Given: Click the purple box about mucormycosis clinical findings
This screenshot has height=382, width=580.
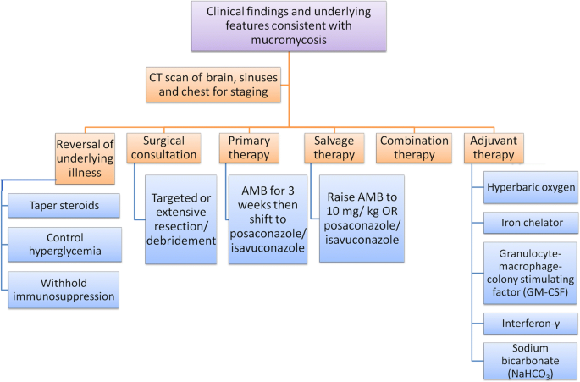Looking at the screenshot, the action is click(x=289, y=26).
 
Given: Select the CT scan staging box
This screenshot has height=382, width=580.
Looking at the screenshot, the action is click(x=213, y=85).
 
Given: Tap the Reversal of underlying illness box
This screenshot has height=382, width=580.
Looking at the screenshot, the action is click(x=85, y=158).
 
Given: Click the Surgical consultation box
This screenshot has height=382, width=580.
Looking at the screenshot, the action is click(x=164, y=148).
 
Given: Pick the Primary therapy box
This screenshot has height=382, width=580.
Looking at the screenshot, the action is click(x=249, y=148).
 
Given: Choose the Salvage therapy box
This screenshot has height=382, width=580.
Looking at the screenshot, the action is click(x=334, y=148).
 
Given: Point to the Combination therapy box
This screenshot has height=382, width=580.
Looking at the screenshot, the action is click(x=414, y=148).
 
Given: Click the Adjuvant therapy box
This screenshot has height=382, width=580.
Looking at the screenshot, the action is click(x=494, y=148).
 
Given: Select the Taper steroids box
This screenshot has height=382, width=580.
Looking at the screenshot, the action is click(x=64, y=206).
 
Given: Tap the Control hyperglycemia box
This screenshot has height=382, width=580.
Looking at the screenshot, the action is click(x=64, y=245).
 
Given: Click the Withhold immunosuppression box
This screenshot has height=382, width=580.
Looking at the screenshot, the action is click(x=64, y=290).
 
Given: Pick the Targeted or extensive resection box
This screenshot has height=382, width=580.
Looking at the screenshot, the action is click(x=181, y=219).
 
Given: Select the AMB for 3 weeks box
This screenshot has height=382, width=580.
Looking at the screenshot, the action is click(x=268, y=219).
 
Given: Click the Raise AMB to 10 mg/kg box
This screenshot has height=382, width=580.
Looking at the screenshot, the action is click(x=362, y=219).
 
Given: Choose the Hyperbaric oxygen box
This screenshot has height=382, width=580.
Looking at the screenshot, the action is click(x=531, y=187).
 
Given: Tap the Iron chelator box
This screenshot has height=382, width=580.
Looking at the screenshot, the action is click(x=531, y=223).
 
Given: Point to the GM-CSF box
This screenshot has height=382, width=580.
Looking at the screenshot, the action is click(x=530, y=274).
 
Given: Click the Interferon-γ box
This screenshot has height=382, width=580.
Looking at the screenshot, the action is click(x=530, y=324).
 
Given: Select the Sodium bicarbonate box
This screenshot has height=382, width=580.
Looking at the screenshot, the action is click(x=530, y=361).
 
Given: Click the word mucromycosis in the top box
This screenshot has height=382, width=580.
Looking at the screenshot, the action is click(x=289, y=40).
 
